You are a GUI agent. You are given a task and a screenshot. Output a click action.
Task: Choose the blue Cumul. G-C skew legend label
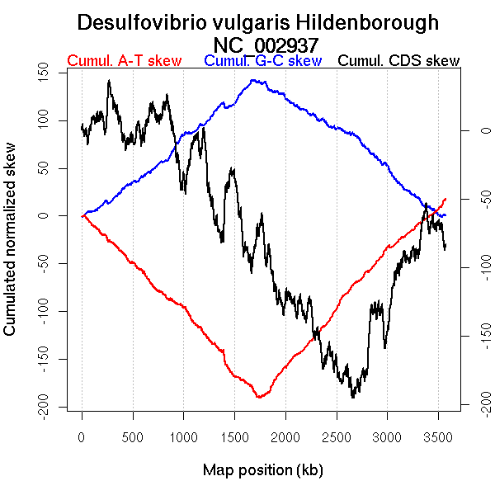(x=262, y=61)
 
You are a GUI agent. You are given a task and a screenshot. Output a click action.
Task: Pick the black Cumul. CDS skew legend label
(x=399, y=61)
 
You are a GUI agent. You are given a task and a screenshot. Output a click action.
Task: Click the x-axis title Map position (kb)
(x=262, y=470)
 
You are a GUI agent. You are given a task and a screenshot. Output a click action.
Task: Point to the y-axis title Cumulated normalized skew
(x=11, y=248)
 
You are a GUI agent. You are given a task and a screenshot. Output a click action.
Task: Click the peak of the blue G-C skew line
(x=252, y=80)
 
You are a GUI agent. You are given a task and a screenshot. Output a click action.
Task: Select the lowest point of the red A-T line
(x=258, y=398)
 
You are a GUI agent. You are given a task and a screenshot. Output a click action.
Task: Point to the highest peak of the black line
(x=109, y=81)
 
